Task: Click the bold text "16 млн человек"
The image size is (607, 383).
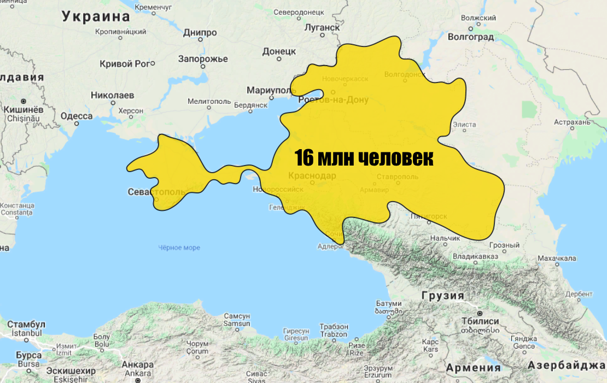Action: pyautogui.click(x=364, y=158)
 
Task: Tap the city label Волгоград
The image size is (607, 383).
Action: pyautogui.click(x=470, y=37)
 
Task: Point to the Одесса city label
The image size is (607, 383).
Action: pyautogui.click(x=77, y=116)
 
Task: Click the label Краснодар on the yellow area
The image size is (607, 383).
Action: pyautogui.click(x=312, y=175)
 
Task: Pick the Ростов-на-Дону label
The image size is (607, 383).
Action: pyautogui.click(x=334, y=100)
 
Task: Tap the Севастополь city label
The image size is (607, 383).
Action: pyautogui.click(x=157, y=192)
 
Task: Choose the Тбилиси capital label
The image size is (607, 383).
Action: pyautogui.click(x=480, y=321)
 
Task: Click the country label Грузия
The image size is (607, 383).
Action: pyautogui.click(x=443, y=296)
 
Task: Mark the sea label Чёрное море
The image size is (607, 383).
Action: pyautogui.click(x=179, y=248)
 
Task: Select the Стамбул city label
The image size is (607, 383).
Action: pyautogui.click(x=26, y=324)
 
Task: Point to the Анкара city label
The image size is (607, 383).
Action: pyautogui.click(x=137, y=365)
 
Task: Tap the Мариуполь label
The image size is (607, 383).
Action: pyautogui.click(x=271, y=90)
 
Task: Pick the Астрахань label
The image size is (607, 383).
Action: pyautogui.click(x=572, y=121)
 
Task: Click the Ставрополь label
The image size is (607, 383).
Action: pyautogui.click(x=398, y=176)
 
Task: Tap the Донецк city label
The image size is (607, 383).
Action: pyautogui.click(x=279, y=51)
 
